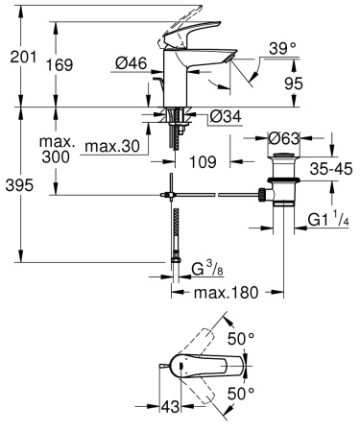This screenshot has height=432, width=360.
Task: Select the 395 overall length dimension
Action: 20,184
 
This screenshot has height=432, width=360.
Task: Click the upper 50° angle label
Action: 242,339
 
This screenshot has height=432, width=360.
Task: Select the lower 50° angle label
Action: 242,393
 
